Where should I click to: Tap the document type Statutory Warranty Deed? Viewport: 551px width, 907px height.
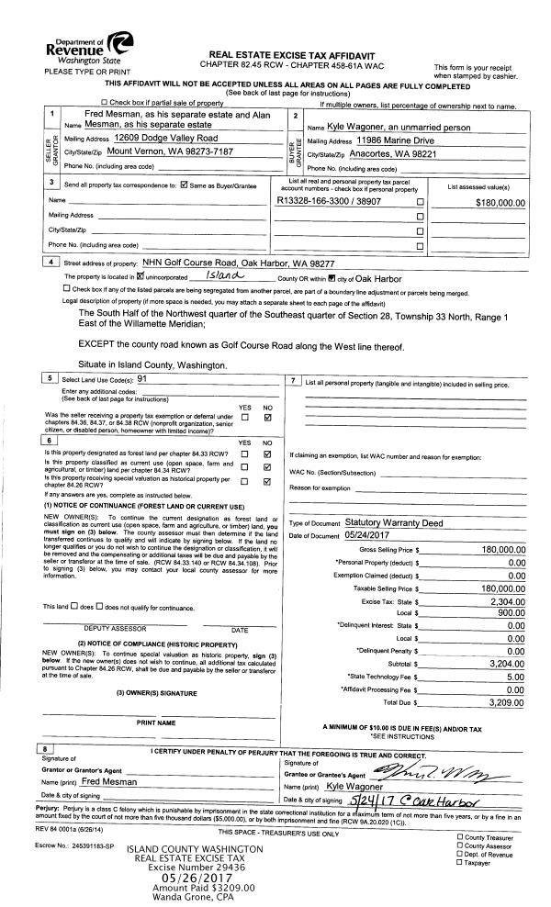coord(387,522)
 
